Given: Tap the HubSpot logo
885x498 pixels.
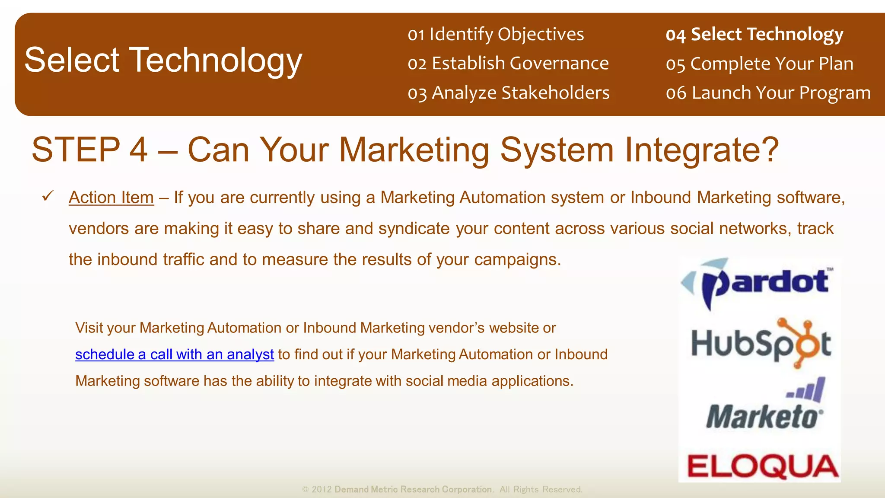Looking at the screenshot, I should point(761,344).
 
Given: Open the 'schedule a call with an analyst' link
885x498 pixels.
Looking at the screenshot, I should point(174,354).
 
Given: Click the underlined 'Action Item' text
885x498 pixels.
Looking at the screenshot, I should point(111,198).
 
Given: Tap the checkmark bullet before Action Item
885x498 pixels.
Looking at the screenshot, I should point(48,196).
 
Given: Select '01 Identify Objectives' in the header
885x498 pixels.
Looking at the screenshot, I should point(496,34).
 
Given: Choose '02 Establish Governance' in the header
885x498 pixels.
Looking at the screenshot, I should point(508,64).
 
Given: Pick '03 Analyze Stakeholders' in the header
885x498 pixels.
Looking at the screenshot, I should point(509,93).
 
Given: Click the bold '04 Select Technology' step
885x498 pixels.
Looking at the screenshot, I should point(754,34).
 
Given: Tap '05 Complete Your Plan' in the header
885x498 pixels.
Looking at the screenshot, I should point(759,64).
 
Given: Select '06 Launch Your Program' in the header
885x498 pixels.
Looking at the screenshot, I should point(768,93).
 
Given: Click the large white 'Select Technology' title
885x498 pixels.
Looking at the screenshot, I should point(163,60).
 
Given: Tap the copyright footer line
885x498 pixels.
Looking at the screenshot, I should point(442,489).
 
